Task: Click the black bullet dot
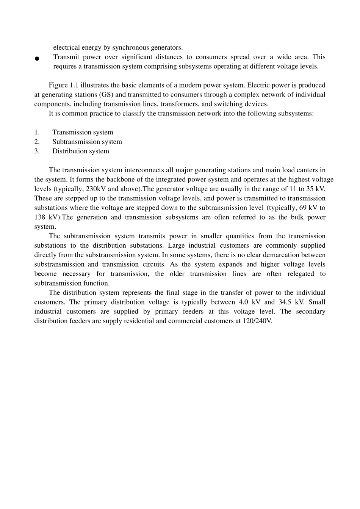pos(37,59)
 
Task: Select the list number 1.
pos(37,132)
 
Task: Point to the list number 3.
pos(37,151)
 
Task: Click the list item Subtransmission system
pos(87,142)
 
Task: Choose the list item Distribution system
pos(81,151)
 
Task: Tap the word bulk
pos(297,217)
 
